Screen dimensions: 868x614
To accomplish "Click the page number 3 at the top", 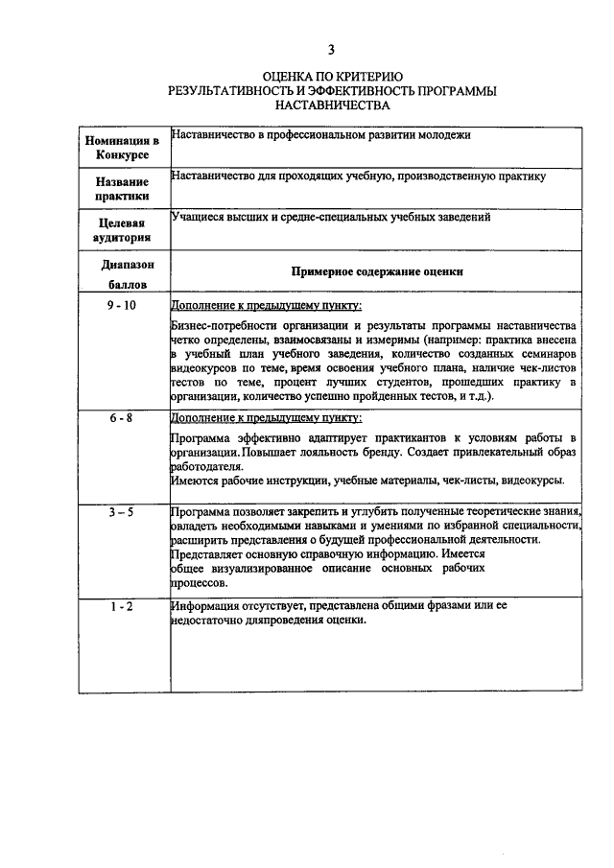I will [331, 49].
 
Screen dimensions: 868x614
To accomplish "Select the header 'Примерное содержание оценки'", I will [377, 271].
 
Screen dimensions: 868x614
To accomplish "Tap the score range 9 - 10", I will [122, 305].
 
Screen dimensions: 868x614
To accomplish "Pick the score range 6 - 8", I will [122, 418].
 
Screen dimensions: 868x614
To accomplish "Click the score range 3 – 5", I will [122, 512].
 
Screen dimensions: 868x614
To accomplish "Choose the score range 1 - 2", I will [122, 606].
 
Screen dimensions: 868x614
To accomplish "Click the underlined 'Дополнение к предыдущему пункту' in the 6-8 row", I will [266, 419].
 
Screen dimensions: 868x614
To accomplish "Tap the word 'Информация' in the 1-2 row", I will [204, 606].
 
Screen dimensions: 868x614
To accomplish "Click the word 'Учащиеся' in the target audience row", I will [197, 217].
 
